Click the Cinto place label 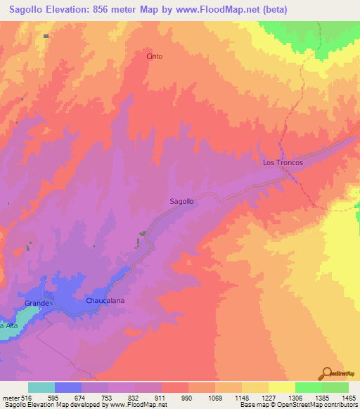tap(154, 56)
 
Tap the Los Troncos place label tap(283, 162)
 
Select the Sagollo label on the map tap(182, 201)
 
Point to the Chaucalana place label tap(105, 300)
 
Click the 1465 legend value tap(348, 398)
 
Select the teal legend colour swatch tap(41, 387)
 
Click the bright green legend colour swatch tap(308, 387)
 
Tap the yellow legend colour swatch tap(281, 387)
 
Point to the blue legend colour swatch tap(68, 387)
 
